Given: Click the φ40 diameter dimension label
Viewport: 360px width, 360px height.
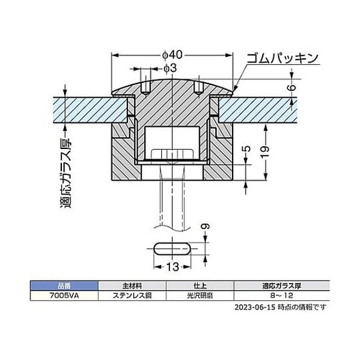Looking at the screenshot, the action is point(172,55).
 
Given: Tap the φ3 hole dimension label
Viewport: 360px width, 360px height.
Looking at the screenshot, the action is point(170,68).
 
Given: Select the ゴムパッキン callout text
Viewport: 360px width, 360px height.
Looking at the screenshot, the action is point(282,58).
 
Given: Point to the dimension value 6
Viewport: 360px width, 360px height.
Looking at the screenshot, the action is point(292,87).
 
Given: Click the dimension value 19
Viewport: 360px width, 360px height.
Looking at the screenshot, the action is point(265,151).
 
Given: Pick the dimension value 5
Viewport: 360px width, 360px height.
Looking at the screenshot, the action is point(246,149).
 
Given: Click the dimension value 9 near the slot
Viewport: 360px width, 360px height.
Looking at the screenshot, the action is point(205,226).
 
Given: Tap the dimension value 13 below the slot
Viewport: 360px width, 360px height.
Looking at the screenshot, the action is point(173,266).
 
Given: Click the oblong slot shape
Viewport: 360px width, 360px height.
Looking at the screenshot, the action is point(172,249).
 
